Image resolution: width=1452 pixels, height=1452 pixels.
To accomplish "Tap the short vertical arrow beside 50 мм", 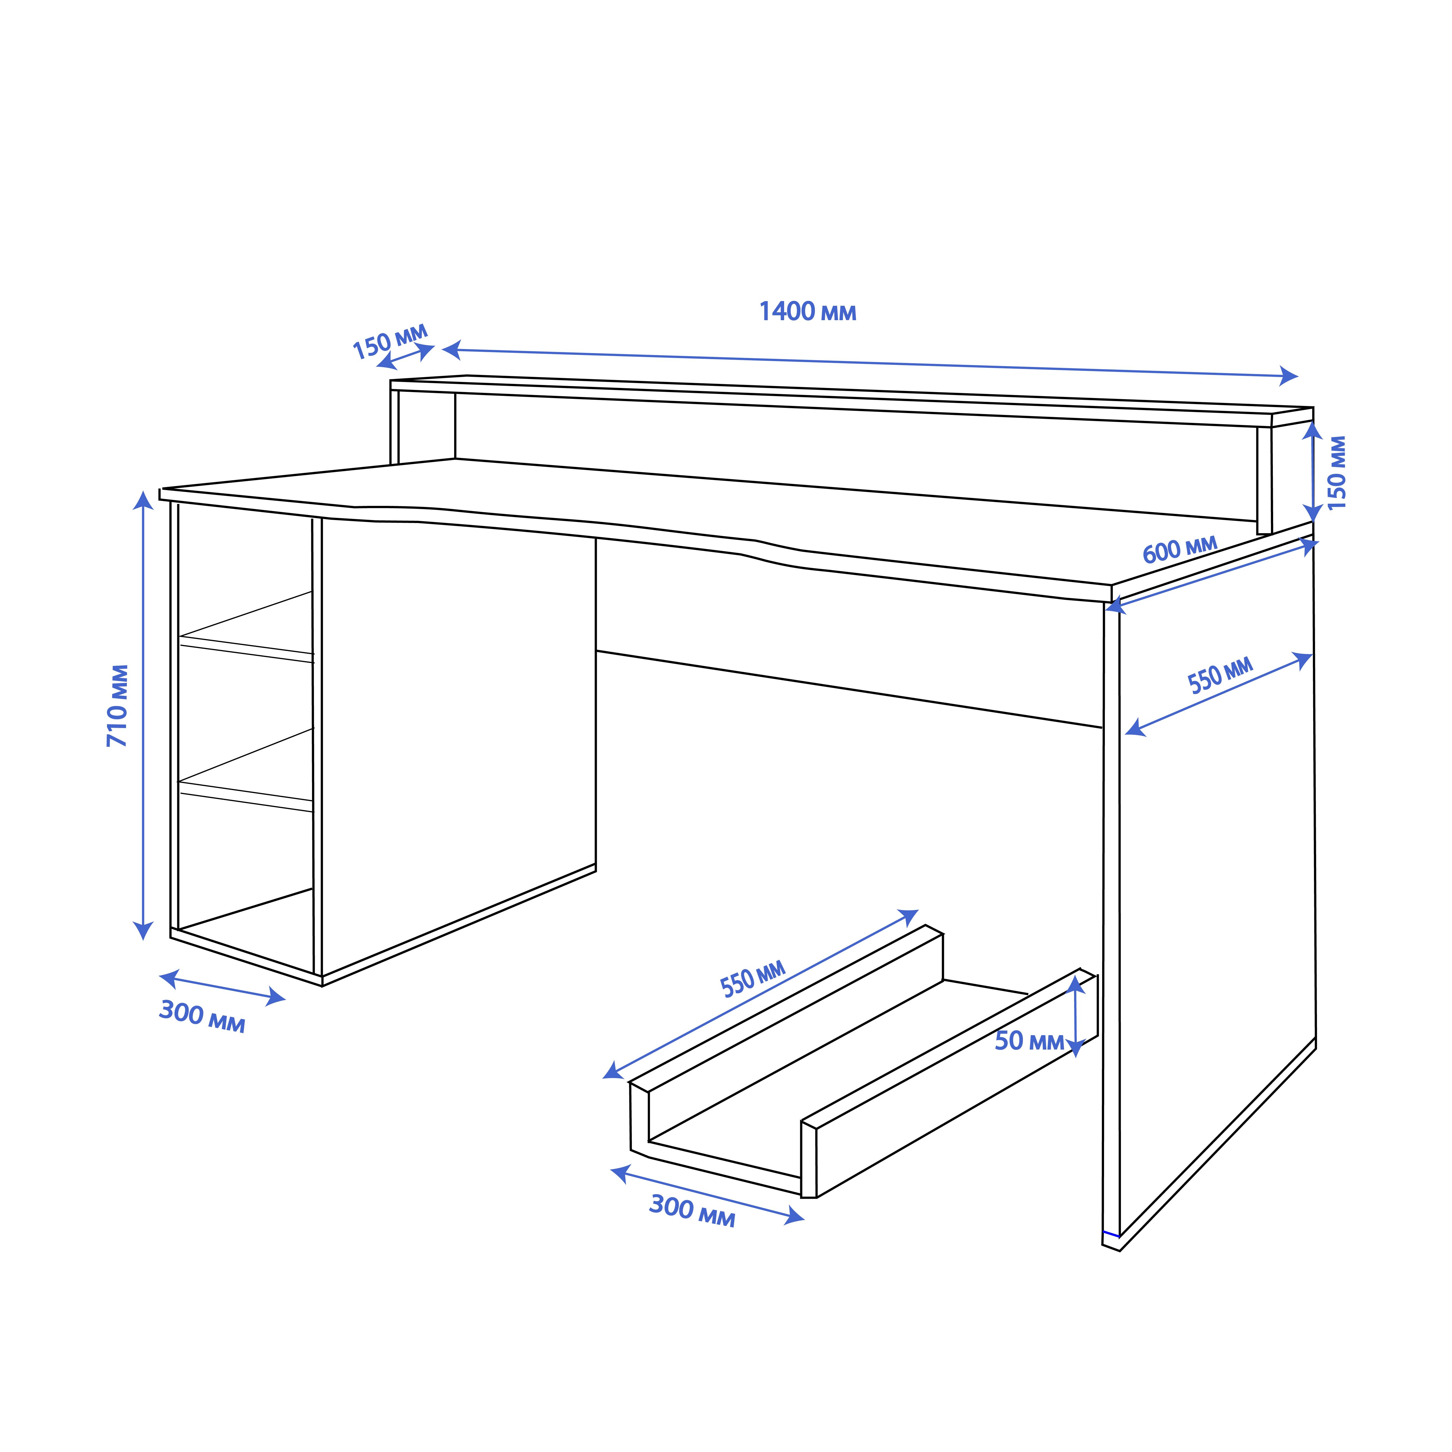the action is pyautogui.click(x=1076, y=1016).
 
